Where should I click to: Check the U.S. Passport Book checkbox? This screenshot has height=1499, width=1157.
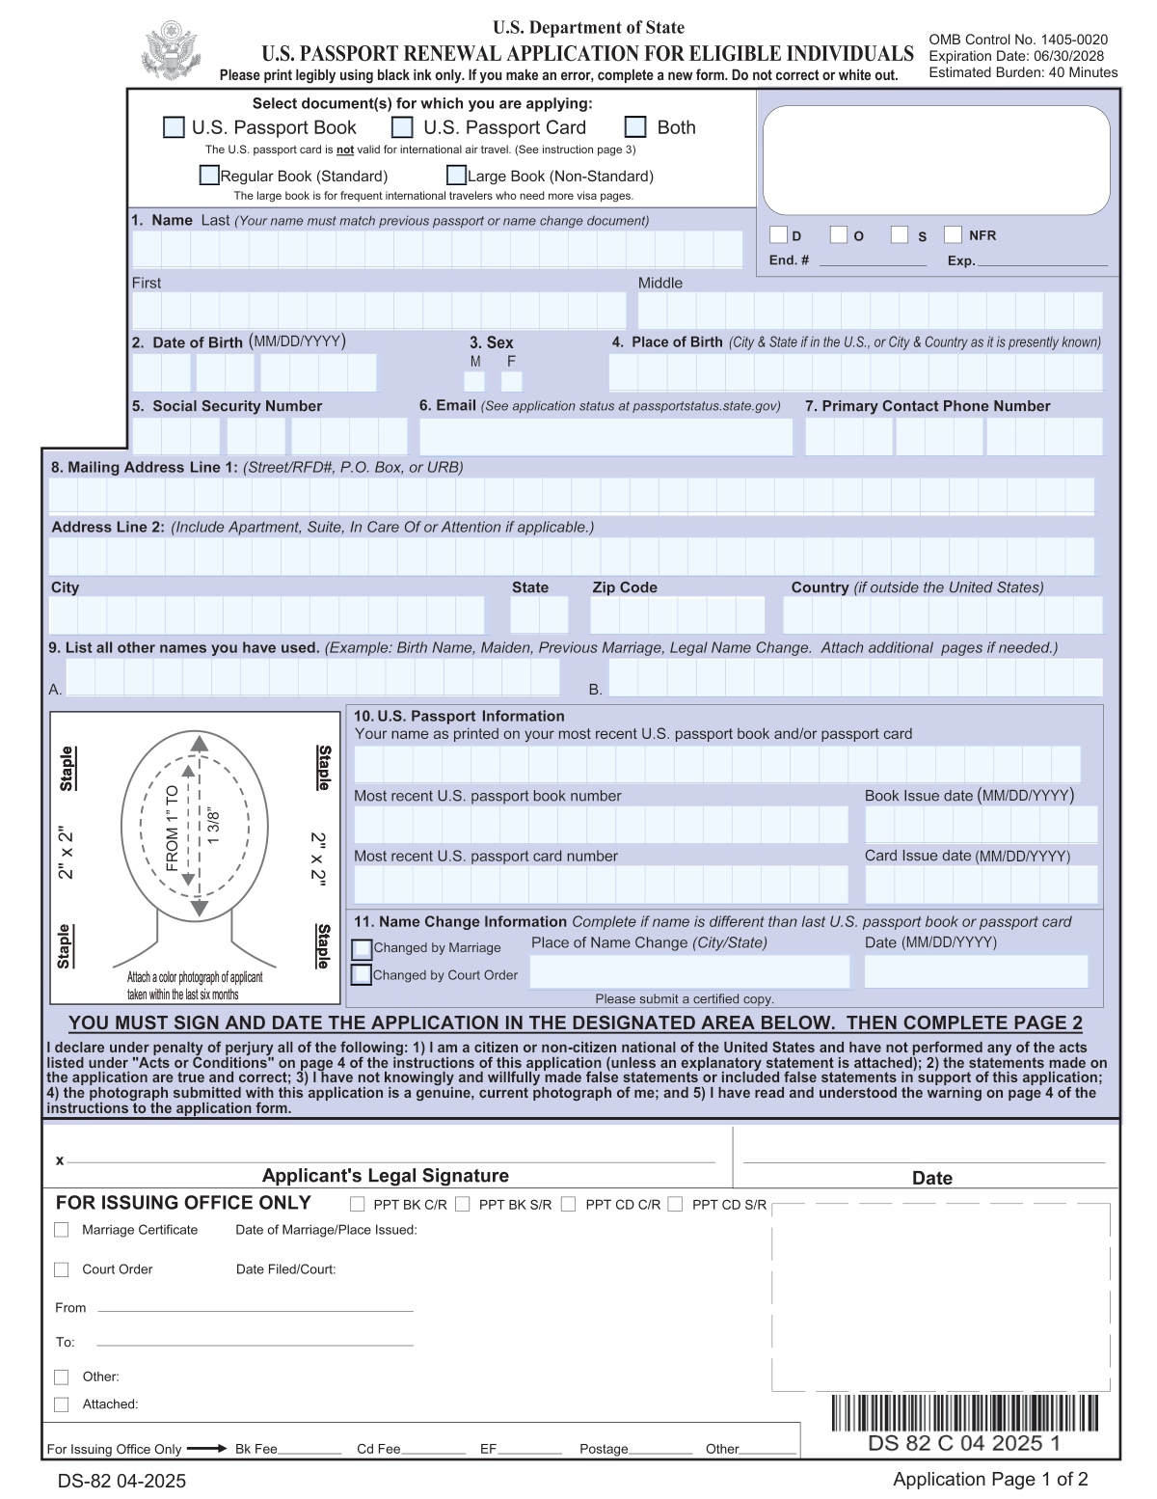click(x=174, y=127)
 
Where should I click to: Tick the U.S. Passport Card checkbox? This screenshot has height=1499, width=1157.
click(x=402, y=127)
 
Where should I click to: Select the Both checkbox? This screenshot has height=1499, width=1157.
click(x=635, y=127)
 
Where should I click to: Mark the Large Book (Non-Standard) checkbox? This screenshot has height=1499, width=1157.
click(x=456, y=176)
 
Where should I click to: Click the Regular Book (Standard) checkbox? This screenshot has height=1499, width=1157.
click(x=209, y=176)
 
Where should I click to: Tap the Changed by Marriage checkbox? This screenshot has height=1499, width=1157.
click(x=362, y=948)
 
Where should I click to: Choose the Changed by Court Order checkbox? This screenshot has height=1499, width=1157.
click(x=362, y=975)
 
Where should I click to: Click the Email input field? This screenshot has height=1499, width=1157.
click(x=605, y=437)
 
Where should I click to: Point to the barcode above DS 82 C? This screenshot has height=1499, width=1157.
click(x=963, y=1412)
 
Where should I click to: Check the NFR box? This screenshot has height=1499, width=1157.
click(x=953, y=234)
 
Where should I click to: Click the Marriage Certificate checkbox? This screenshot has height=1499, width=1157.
click(x=62, y=1230)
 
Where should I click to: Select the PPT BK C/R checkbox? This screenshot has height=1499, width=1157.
click(x=358, y=1204)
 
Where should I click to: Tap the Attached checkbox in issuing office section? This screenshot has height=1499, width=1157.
click(x=62, y=1404)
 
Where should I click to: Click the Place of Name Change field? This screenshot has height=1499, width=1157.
click(x=689, y=971)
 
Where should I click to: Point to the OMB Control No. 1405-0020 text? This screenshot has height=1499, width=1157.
click(x=1017, y=40)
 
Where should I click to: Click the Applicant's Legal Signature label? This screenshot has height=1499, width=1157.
click(x=385, y=1176)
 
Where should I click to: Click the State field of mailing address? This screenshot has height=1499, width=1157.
click(x=539, y=615)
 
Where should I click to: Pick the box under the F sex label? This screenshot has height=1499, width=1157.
click(x=512, y=382)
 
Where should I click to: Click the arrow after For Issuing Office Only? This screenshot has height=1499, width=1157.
click(x=206, y=1449)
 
